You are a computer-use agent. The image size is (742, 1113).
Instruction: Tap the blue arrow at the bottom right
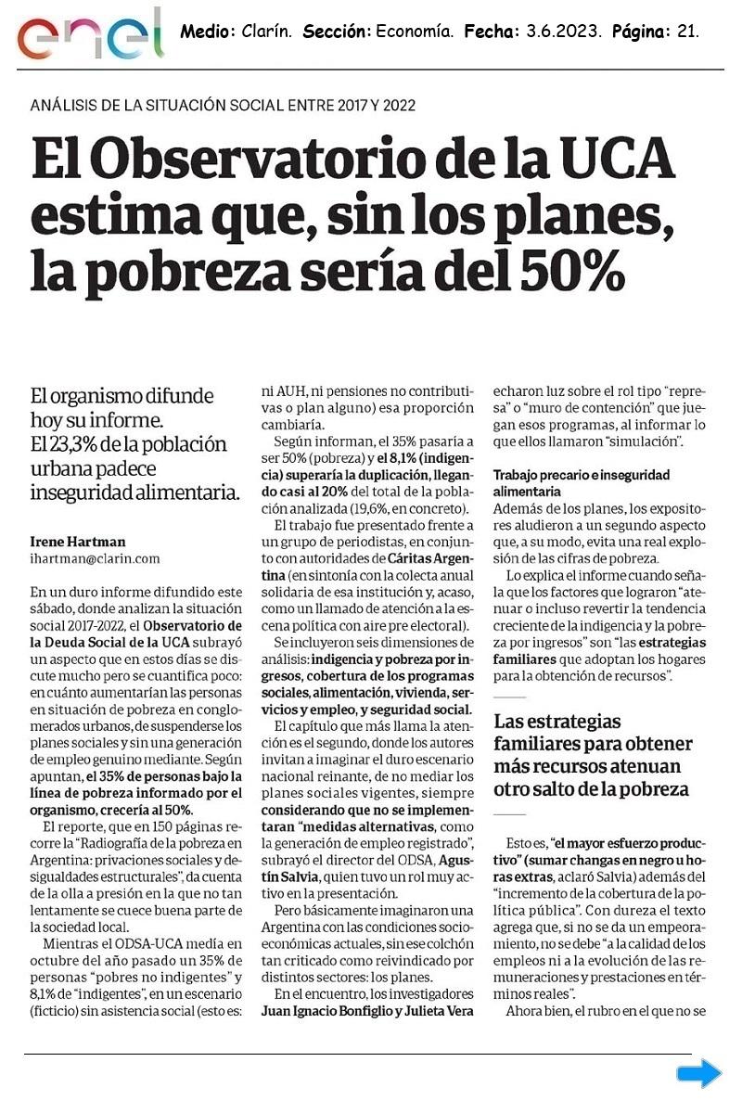[698, 1074]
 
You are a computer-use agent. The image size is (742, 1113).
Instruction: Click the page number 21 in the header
[686, 32]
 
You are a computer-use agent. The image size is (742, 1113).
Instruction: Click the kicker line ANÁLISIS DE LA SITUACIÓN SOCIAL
[224, 105]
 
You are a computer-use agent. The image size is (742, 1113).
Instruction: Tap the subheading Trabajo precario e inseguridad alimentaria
[581, 482]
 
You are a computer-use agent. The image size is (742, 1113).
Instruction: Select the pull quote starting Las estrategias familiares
[593, 755]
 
